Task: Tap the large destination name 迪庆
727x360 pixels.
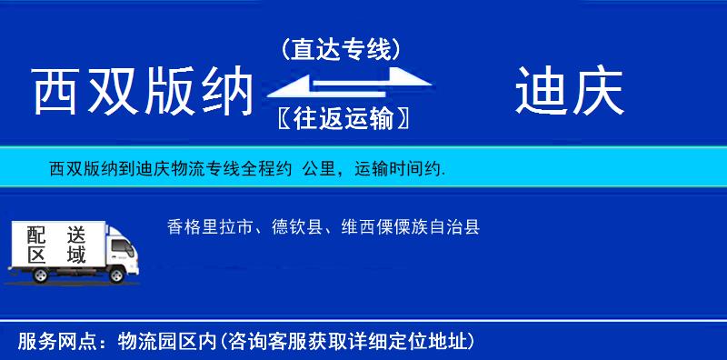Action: (x=569, y=92)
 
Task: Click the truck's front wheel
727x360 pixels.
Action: (x=118, y=275)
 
